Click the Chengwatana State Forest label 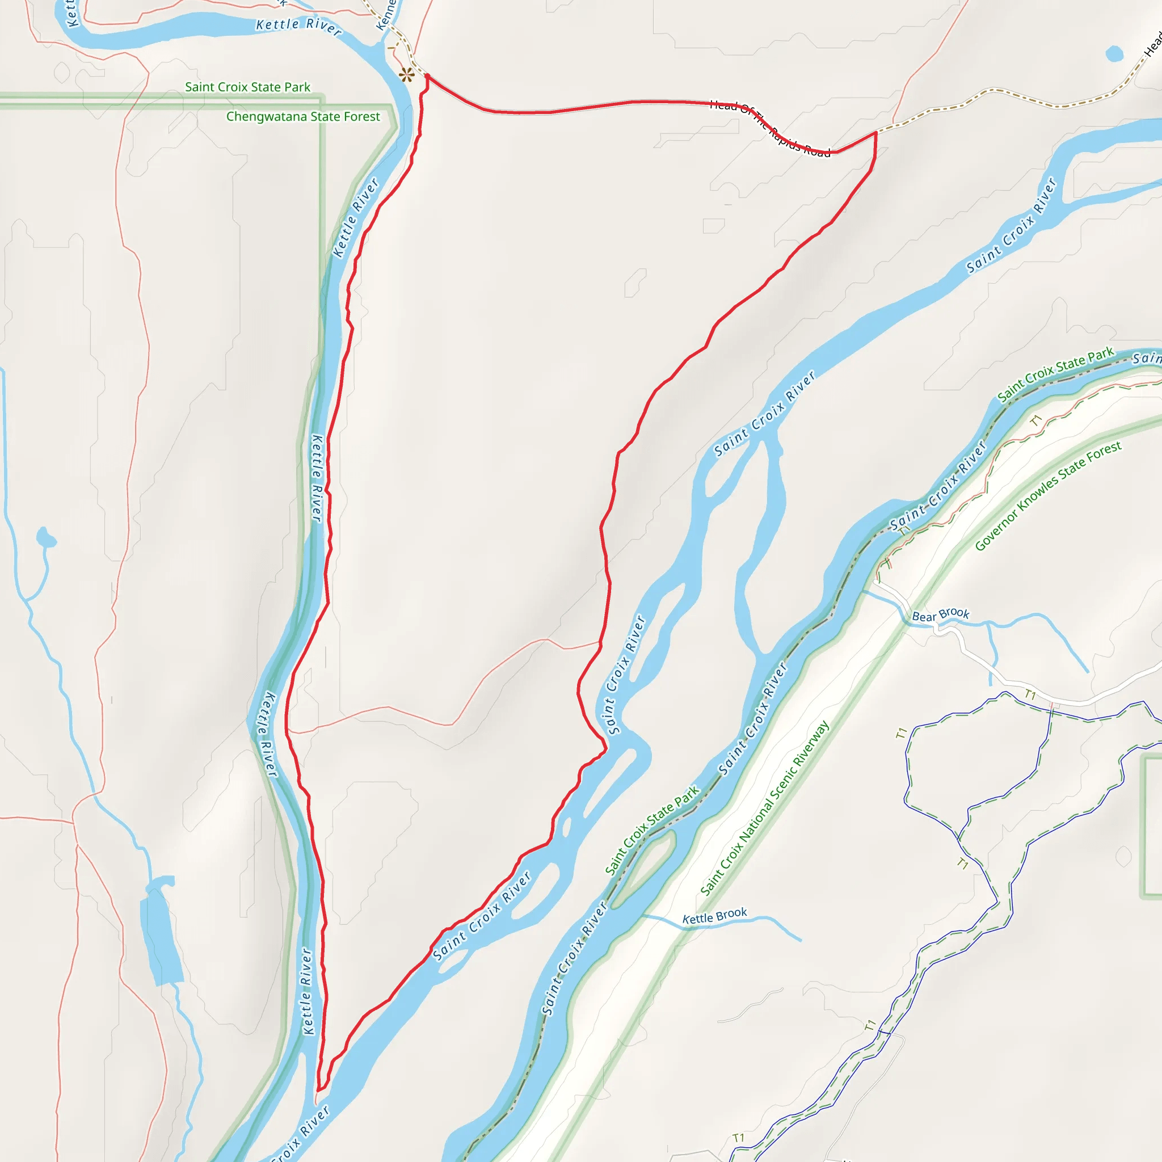point(303,117)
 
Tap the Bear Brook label point(941,614)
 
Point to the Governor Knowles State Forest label point(1048,495)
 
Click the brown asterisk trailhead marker point(407,75)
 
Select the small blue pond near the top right point(1114,54)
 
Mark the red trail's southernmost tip point(318,1089)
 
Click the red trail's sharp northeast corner point(875,133)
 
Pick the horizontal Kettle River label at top point(299,27)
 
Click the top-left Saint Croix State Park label point(248,87)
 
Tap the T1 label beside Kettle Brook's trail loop point(962,864)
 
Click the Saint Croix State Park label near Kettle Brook point(652,830)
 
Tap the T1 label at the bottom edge point(739,1138)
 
